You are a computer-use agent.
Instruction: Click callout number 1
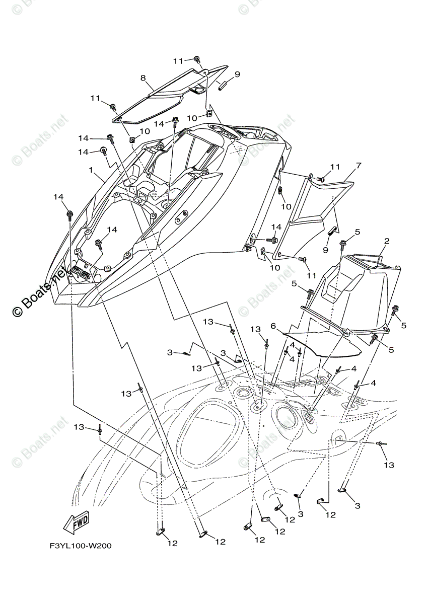(x=91, y=170)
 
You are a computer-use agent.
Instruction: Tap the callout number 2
(x=387, y=241)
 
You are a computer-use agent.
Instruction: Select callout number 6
(x=272, y=326)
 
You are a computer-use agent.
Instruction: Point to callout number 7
(x=359, y=166)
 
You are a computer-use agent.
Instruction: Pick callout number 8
(x=143, y=78)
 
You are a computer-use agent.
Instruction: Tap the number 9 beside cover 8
(x=237, y=74)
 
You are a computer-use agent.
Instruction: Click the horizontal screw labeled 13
(x=383, y=443)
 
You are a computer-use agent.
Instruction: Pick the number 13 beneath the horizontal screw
(x=389, y=465)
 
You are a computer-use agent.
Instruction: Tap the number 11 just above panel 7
(x=335, y=167)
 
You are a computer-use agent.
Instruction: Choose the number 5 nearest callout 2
(x=357, y=232)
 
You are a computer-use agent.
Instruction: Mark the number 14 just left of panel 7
(x=276, y=227)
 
